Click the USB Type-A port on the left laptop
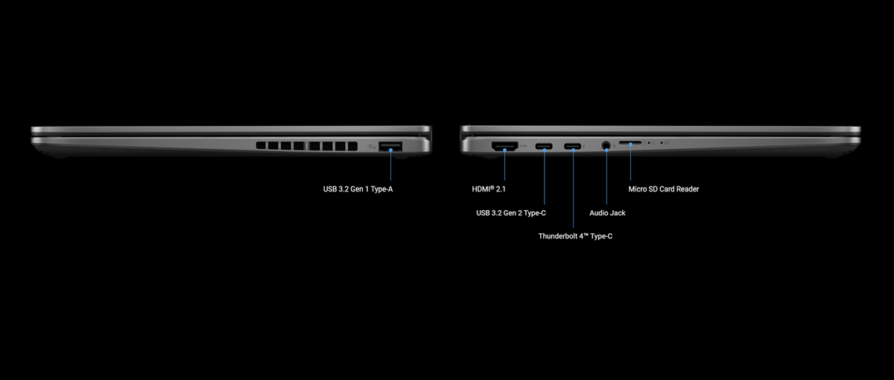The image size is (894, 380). (x=390, y=146)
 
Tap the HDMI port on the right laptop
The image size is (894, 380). (x=505, y=146)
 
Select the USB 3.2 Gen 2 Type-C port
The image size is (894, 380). (x=545, y=146)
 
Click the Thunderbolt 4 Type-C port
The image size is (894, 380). (x=573, y=146)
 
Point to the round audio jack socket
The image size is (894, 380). (x=606, y=146)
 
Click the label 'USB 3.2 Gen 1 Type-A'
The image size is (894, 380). (x=358, y=189)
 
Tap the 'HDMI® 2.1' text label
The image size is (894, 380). (x=489, y=189)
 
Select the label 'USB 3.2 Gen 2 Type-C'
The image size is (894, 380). (x=511, y=213)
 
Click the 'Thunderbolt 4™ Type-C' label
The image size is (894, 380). (x=575, y=236)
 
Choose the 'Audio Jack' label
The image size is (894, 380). (x=607, y=213)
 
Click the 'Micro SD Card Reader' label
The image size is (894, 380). (x=663, y=189)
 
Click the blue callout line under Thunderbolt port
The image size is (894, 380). (x=573, y=190)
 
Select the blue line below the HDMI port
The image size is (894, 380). (x=505, y=165)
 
